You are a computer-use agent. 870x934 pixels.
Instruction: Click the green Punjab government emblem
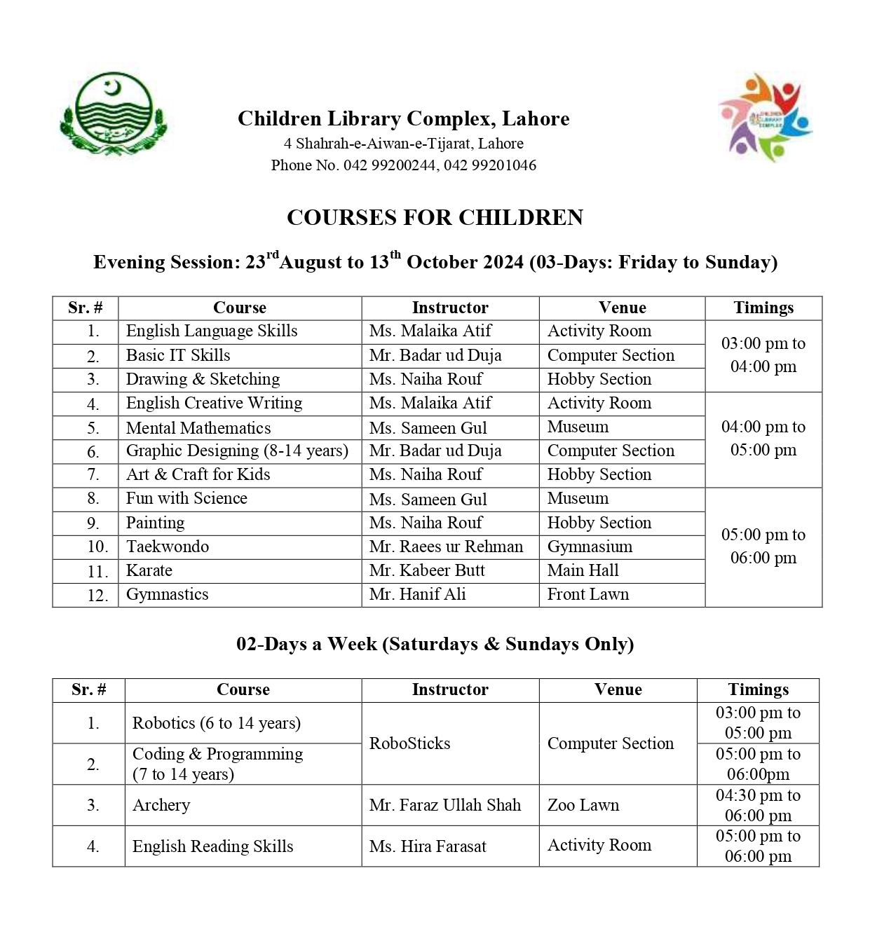coord(113,113)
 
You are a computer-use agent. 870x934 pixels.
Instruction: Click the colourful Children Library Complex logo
coord(765,117)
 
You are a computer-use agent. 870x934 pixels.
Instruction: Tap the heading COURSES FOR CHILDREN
coord(435,218)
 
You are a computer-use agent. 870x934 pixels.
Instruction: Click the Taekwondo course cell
coord(168,547)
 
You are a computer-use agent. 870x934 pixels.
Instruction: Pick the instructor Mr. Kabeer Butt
coord(427,570)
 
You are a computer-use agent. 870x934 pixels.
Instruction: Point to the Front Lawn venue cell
coord(588,594)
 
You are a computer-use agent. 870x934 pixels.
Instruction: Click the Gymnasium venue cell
coord(590,547)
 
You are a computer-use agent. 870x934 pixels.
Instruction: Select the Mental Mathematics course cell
coord(198,428)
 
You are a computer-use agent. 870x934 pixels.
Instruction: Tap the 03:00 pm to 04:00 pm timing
coord(763,355)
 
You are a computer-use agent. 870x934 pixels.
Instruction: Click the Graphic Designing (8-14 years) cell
coord(237,451)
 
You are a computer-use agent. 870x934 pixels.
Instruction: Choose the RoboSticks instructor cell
coord(410,743)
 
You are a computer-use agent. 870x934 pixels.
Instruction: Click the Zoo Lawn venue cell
coord(583,805)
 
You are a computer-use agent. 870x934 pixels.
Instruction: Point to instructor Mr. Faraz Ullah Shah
coord(445,805)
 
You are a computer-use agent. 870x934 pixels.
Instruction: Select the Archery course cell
coord(161,805)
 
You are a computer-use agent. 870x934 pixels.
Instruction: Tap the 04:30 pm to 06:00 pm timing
coord(758,805)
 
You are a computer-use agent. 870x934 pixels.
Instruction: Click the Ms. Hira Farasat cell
coord(428,846)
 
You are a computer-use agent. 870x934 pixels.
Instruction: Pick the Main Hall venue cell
coord(583,570)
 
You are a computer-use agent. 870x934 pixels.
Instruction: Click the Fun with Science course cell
coord(186,498)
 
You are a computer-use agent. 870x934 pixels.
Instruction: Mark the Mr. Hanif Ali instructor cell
coord(418,594)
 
